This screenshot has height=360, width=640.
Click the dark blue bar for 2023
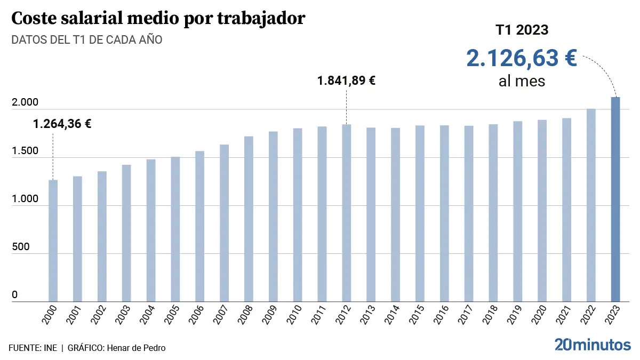[615, 199]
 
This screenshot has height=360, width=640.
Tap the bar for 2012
[347, 213]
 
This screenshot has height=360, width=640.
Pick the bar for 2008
[249, 219]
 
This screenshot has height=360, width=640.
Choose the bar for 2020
[542, 211]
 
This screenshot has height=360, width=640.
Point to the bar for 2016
[444, 213]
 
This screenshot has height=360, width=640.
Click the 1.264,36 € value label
[62, 124]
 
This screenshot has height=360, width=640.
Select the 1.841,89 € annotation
[347, 81]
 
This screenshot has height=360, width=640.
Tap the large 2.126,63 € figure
[522, 58]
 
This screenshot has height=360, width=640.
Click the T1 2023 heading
[522, 30]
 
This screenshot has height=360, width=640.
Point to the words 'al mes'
[522, 82]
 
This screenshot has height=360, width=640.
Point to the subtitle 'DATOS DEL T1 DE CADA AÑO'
[87, 40]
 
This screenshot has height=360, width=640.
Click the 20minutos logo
[592, 345]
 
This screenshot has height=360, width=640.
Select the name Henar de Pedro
[136, 348]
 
